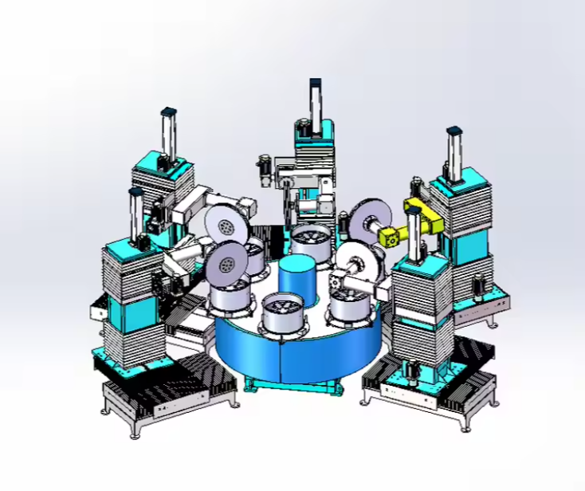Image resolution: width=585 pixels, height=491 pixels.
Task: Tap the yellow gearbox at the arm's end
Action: point(391,236)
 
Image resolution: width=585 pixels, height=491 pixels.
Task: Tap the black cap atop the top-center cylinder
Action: point(316,82)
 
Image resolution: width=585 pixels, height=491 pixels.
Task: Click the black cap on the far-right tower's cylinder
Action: point(454,129)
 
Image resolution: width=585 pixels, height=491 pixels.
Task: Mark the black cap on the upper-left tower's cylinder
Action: point(168,111)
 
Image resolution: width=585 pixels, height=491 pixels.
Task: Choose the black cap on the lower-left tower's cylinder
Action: point(135,192)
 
